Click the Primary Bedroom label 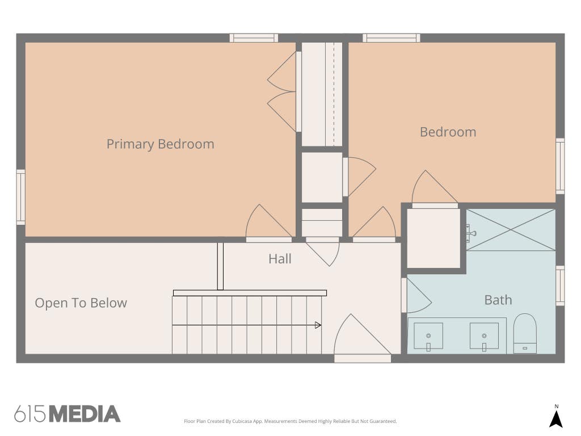pos(161,144)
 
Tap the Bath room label pos(498,300)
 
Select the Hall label pos(280,259)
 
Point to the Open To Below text pos(81,303)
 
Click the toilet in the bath pos(525,333)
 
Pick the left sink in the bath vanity pos(428,336)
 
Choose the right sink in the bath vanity pos(484,336)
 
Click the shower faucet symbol pos(470,233)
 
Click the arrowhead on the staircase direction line pos(318,325)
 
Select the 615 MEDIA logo pos(68,414)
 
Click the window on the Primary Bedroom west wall pos(21,197)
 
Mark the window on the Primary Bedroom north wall pos(254,38)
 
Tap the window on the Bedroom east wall pos(560,166)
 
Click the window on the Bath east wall pos(560,286)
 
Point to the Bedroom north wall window pos(391,38)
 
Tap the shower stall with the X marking pos(511,230)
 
